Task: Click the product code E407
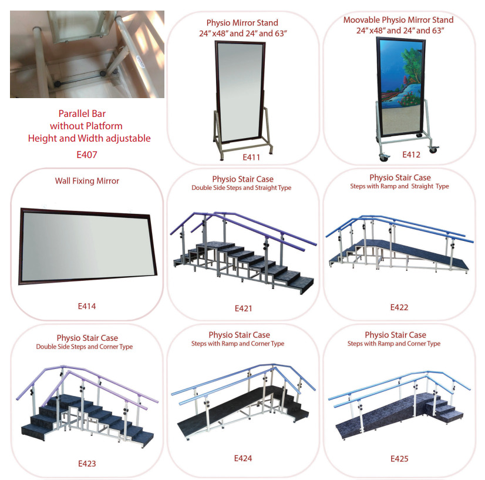(87, 155)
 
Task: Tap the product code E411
(251, 157)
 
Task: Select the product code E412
(411, 155)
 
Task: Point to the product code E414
(87, 306)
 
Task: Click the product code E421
(244, 308)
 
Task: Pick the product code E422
(399, 307)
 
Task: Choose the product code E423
(87, 464)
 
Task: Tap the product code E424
(243, 458)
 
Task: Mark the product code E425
(399, 459)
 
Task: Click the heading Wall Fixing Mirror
(87, 181)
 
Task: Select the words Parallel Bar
(82, 113)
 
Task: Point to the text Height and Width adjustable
(89, 138)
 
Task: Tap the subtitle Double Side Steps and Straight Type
(241, 188)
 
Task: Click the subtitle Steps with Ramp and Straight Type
(399, 186)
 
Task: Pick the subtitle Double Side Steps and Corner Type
(85, 347)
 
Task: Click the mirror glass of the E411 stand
(240, 91)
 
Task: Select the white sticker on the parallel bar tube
(141, 61)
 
